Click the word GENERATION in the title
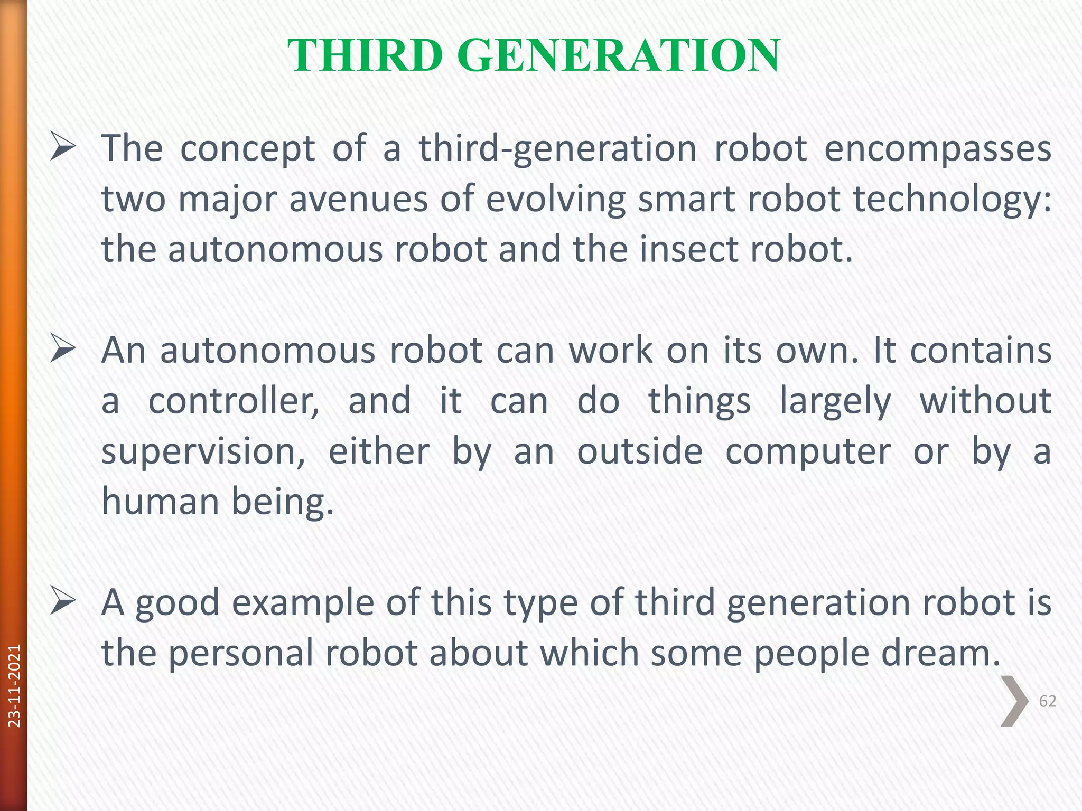[x=618, y=55]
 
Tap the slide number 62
[x=1047, y=701]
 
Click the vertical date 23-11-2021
[x=14, y=685]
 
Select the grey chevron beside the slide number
[x=1014, y=701]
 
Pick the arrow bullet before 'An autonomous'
[x=63, y=351]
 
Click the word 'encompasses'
[x=937, y=149]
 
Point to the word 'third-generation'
[x=558, y=149]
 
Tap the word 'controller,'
[x=234, y=401]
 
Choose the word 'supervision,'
[x=203, y=452]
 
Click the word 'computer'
[x=808, y=452]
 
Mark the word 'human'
[x=160, y=502]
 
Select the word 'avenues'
[x=358, y=200]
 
